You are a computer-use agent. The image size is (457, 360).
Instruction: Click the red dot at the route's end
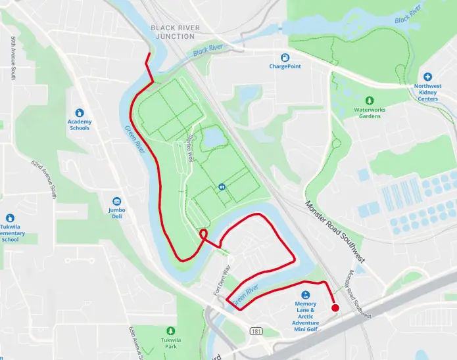coord(335,308)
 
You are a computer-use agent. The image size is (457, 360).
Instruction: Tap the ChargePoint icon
coord(285,57)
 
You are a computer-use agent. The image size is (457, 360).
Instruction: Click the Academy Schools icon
coord(80,112)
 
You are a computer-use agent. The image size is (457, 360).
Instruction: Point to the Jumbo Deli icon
coord(117,201)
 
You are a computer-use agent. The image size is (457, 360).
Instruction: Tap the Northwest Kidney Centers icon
coord(427,77)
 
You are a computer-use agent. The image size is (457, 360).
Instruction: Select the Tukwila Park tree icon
coord(171,330)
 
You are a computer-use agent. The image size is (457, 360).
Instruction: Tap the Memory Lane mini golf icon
coord(306,295)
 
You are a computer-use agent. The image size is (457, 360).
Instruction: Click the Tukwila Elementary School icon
coord(10,218)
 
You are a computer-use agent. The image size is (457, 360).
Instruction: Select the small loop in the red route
coord(203,234)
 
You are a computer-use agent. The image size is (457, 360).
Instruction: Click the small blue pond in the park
coord(211,137)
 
